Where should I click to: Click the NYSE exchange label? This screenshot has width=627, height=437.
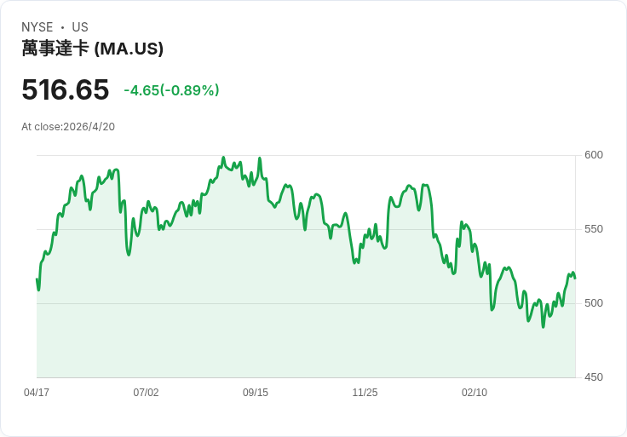pos(37,27)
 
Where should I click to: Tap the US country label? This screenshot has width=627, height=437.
pos(80,27)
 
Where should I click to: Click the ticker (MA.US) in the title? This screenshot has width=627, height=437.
pos(129,49)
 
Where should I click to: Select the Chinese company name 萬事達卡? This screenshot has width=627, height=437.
pos(55,49)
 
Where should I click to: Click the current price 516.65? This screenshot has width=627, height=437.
pos(66,89)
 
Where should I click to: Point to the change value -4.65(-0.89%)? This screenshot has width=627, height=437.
pos(171,90)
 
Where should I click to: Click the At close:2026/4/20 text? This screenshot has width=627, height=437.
pos(68,127)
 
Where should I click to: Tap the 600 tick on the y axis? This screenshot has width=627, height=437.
pos(594,155)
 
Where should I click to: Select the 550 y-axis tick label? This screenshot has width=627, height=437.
pos(594,229)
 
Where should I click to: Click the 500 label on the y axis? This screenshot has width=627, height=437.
pos(594,303)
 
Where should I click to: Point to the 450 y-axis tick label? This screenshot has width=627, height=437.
pos(594,377)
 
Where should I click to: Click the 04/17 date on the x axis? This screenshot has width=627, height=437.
pos(37,393)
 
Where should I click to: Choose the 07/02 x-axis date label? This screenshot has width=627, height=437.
pos(146,393)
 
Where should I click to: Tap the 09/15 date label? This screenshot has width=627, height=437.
pos(256,393)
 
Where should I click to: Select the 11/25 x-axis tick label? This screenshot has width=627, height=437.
pos(365,393)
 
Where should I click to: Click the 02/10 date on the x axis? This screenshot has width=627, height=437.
pos(475,393)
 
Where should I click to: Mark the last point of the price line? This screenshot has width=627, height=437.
pos(575,279)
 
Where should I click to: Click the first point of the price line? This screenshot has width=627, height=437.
pos(37,279)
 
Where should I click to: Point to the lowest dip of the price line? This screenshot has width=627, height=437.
pos(543,327)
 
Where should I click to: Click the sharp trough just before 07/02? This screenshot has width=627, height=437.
pos(129,255)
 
